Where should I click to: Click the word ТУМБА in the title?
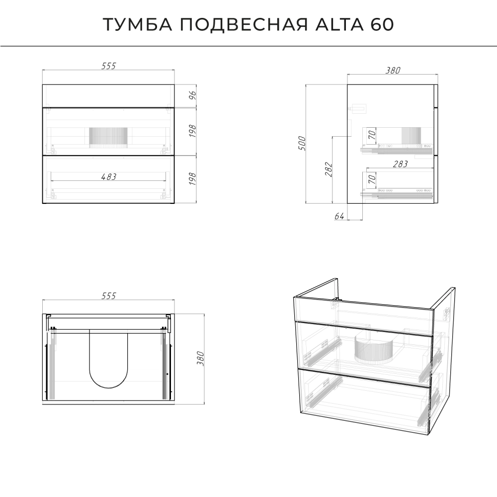(138, 24)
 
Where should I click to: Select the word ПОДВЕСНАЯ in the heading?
(244, 24)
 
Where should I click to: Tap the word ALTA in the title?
(339, 24)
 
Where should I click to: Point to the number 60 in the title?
(382, 24)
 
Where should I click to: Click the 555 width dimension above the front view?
(109, 66)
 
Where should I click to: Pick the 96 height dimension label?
(192, 95)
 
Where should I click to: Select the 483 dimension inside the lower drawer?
(109, 177)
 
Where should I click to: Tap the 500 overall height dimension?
(302, 143)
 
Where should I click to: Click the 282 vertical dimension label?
(329, 169)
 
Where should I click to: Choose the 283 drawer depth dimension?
(400, 164)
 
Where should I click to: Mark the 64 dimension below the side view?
(339, 216)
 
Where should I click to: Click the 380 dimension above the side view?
(393, 71)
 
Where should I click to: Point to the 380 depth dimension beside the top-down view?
(200, 358)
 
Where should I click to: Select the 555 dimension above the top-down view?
(109, 296)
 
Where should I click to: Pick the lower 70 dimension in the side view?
(372, 179)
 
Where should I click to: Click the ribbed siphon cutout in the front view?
(108, 138)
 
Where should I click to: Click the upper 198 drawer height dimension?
(192, 131)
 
